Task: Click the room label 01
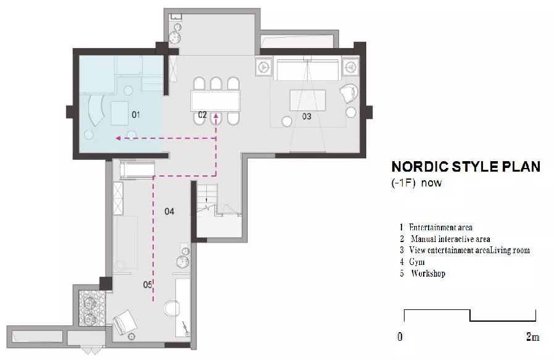[136, 114]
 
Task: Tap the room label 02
[202, 115]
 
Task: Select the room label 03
[307, 116]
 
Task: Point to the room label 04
[169, 211]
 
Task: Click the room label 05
[148, 285]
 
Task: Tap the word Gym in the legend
[417, 262]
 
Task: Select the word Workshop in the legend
[428, 273]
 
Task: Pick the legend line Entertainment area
[440, 227]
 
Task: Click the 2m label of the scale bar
[533, 337]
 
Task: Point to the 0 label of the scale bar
[400, 337]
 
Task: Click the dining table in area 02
[215, 101]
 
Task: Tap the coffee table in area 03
[308, 100]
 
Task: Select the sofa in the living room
[308, 70]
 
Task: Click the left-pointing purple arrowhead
[119, 138]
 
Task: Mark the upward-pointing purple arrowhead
[216, 116]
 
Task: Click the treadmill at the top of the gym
[138, 170]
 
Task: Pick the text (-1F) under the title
[403, 183]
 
